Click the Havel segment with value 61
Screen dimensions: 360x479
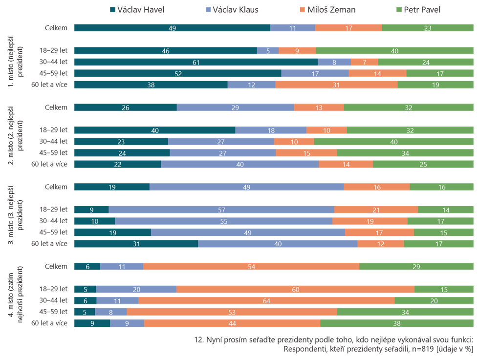click(x=196, y=62)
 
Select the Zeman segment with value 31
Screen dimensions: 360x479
click(x=336, y=85)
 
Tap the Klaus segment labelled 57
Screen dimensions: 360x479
click(x=221, y=210)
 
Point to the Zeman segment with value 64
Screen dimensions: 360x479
click(x=266, y=301)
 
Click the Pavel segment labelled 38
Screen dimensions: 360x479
click(x=397, y=323)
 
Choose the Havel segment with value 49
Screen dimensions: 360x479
click(x=172, y=28)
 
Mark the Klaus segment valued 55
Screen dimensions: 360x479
click(x=223, y=221)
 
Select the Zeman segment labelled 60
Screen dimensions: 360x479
click(x=295, y=290)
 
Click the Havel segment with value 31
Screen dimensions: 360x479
click(x=136, y=243)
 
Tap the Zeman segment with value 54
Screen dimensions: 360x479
click(x=251, y=266)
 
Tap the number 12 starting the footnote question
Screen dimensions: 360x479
click(x=198, y=339)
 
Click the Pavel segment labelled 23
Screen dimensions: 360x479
click(x=427, y=28)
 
